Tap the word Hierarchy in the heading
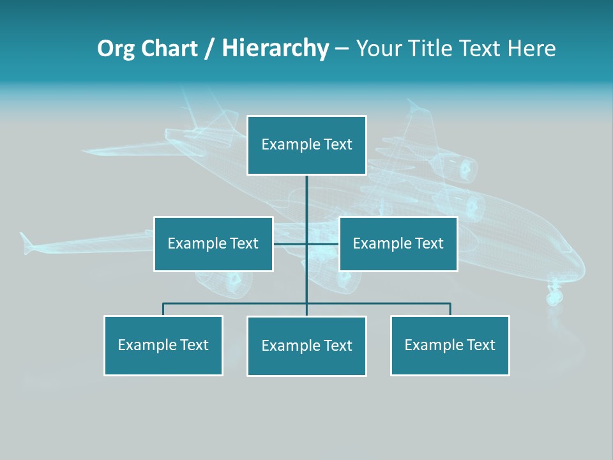click(x=275, y=49)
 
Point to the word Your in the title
click(x=378, y=49)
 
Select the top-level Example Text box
click(x=306, y=145)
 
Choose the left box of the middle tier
click(x=213, y=243)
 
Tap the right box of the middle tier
click(x=398, y=243)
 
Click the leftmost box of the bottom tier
click(x=163, y=345)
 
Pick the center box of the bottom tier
click(x=306, y=346)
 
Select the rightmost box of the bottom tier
click(x=450, y=345)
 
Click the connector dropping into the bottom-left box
click(x=163, y=309)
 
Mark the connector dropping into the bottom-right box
click(x=450, y=309)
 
